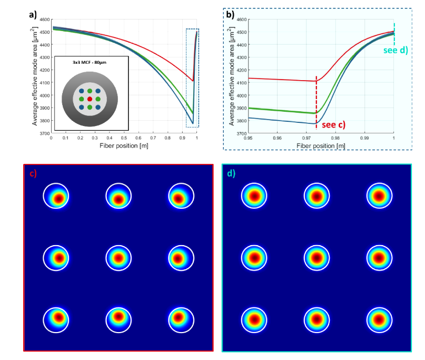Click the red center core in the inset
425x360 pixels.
pos(90,99)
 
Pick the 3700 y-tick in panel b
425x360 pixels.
pos(241,133)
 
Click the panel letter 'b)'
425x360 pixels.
pos(230,14)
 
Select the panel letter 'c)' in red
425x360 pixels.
pos(33,172)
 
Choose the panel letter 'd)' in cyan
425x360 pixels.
pos(231,172)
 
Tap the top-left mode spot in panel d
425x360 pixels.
pos(254,197)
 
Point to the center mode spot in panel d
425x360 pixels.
pos(317,258)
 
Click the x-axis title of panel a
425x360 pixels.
pos(124,145)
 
